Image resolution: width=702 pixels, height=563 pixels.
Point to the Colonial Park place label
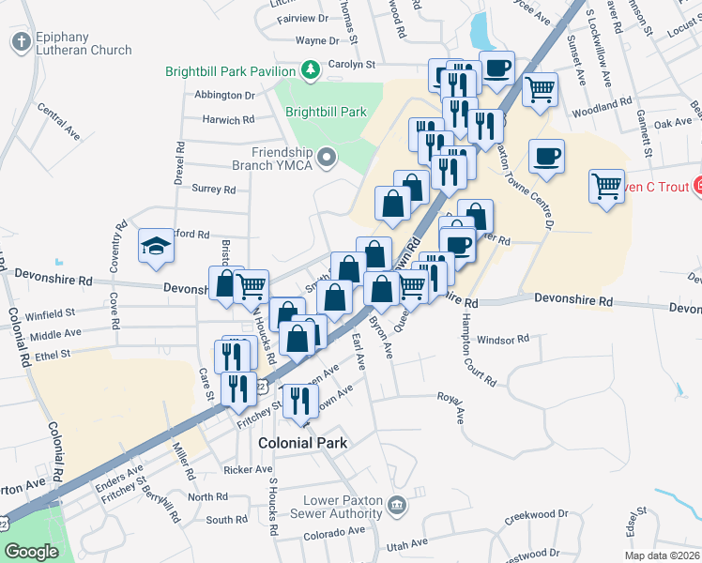[x=302, y=443]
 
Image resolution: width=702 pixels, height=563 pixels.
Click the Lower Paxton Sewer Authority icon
[x=397, y=505]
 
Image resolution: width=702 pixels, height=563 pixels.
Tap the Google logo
[x=31, y=552]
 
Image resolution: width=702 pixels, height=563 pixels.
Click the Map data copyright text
[x=662, y=555]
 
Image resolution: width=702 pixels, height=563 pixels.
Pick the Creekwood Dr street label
[x=536, y=514]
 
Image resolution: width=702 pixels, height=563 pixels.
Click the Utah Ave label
[x=407, y=544]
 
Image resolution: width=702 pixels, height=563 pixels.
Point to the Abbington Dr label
[x=224, y=96]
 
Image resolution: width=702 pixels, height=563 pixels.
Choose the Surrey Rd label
[x=213, y=190]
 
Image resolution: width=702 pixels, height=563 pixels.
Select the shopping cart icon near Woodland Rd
[x=541, y=91]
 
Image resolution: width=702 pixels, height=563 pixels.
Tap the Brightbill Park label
[x=326, y=112]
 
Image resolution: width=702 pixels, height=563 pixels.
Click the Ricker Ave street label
[x=248, y=469]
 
